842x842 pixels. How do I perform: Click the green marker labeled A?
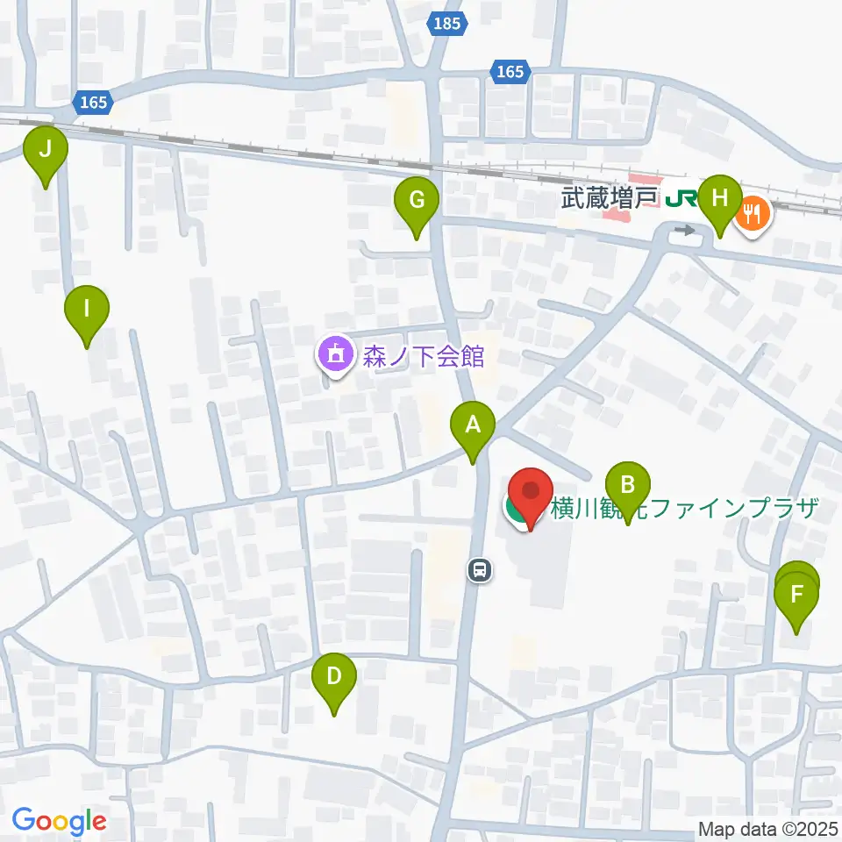473,428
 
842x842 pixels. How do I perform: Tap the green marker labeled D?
334,678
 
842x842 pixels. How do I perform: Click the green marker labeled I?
87,311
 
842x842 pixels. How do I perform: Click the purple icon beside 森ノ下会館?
333,356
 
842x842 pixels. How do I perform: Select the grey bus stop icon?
479,571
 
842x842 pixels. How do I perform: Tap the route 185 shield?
446,24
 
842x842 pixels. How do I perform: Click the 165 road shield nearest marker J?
93,103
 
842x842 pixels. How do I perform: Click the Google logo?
59,821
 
